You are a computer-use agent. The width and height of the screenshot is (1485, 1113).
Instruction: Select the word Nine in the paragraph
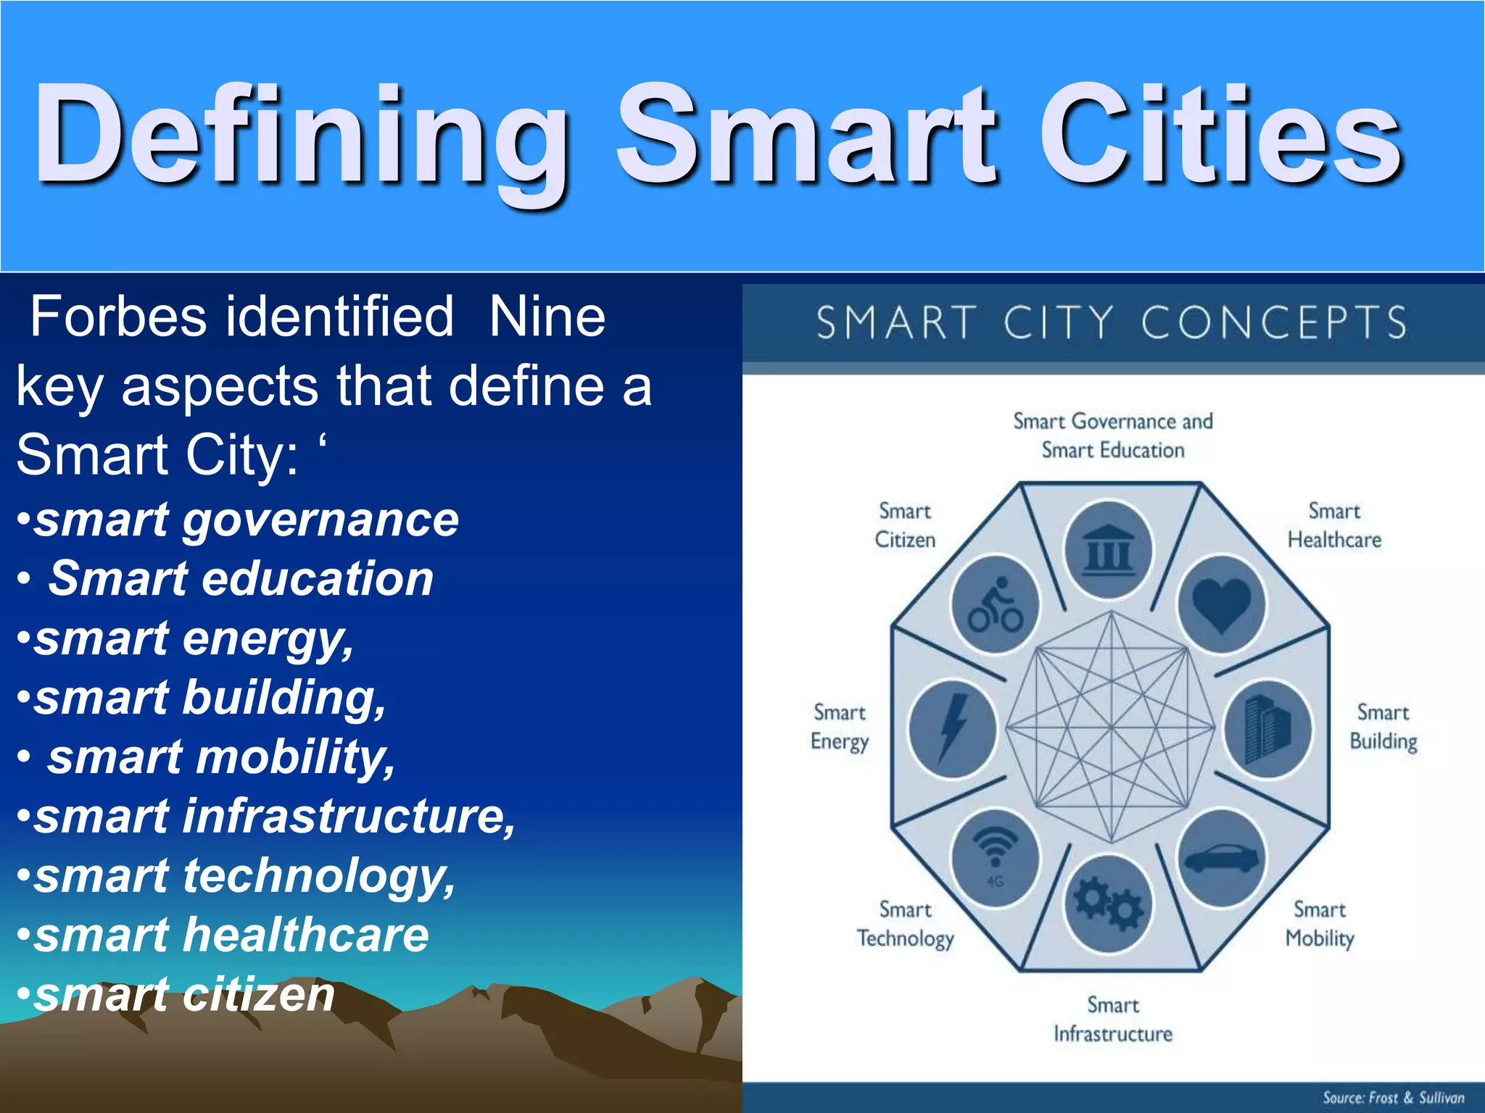(547, 317)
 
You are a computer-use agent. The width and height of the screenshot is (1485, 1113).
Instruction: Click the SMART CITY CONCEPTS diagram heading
(1112, 322)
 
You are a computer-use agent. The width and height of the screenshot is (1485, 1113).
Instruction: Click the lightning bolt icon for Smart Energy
(952, 728)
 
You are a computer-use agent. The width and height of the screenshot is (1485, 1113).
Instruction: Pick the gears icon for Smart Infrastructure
(1108, 904)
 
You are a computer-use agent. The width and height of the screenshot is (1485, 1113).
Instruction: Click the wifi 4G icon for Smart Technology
(996, 855)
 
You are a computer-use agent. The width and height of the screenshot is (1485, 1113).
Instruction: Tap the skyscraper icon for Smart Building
(1267, 728)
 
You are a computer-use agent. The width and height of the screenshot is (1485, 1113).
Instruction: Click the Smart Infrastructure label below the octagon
(1112, 1020)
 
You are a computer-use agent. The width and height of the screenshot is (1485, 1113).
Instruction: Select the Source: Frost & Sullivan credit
(1392, 1097)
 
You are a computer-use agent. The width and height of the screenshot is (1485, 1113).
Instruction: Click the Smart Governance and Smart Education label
(1112, 435)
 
